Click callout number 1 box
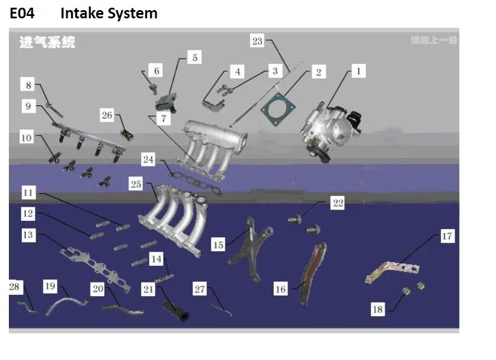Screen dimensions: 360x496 (x=357, y=72)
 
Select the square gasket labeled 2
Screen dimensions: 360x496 (x=276, y=111)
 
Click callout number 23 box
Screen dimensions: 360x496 (x=257, y=41)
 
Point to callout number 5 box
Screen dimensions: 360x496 (x=195, y=57)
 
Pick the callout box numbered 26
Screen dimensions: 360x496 (x=107, y=115)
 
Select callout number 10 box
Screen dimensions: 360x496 (x=27, y=138)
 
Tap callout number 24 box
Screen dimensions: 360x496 (x=148, y=159)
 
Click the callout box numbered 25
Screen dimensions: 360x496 (x=136, y=185)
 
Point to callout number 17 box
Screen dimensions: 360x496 (x=447, y=237)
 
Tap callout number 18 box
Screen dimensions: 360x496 (x=377, y=308)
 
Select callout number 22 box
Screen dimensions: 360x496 (x=337, y=203)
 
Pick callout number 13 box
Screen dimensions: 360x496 (x=28, y=235)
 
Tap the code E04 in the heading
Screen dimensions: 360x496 (x=23, y=13)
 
